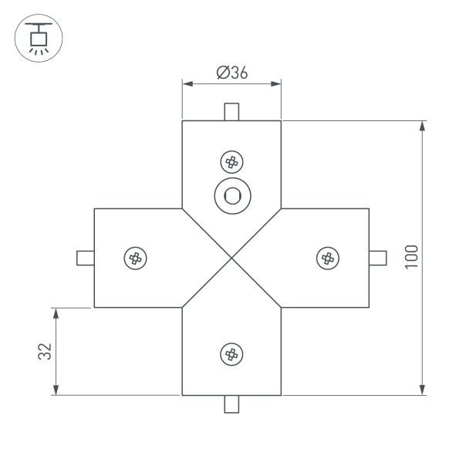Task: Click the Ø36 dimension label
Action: point(231,73)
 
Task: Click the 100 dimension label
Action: point(411,257)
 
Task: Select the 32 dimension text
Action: point(45,351)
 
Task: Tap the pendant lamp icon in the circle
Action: point(35,36)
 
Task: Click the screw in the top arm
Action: point(231,162)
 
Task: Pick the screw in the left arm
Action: point(136,258)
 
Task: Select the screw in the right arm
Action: point(327,258)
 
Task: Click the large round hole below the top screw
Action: point(231,195)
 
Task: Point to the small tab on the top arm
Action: point(231,112)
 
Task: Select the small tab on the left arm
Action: point(85,258)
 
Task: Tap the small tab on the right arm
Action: point(378,258)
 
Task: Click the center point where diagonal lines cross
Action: point(231,258)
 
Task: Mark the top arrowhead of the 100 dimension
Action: point(422,127)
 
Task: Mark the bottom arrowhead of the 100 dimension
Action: point(422,389)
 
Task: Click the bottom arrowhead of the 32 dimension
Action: point(56,390)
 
